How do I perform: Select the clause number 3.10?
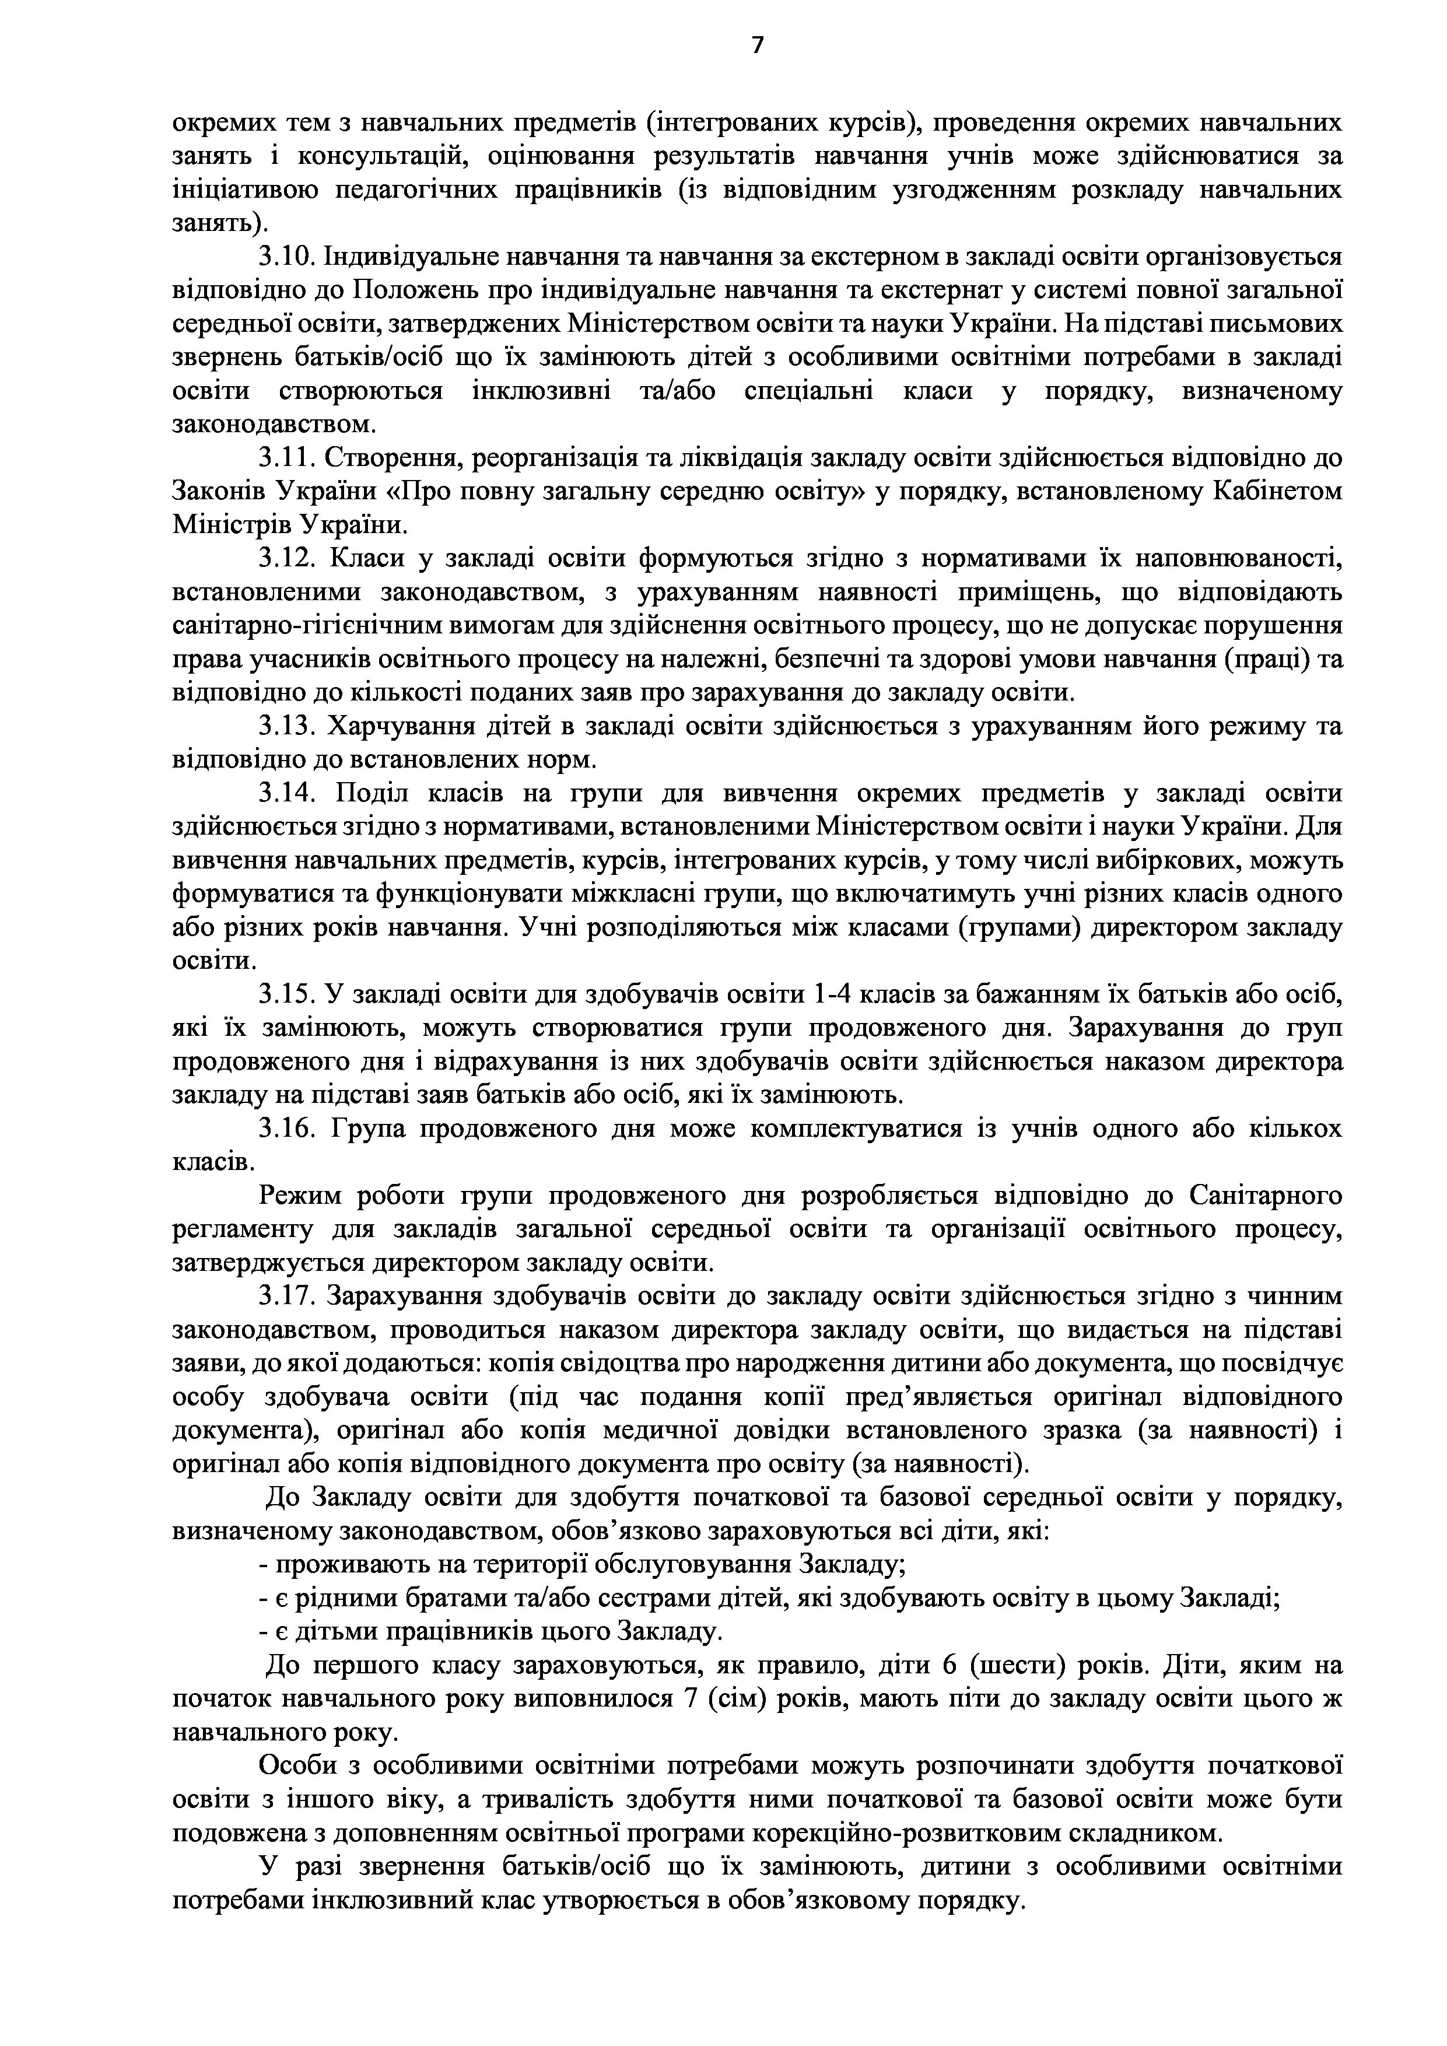(x=283, y=258)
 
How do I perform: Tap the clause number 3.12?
(x=283, y=559)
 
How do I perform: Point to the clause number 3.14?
(x=283, y=793)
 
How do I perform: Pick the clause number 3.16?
(x=283, y=1129)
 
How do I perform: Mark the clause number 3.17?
(x=283, y=1297)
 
